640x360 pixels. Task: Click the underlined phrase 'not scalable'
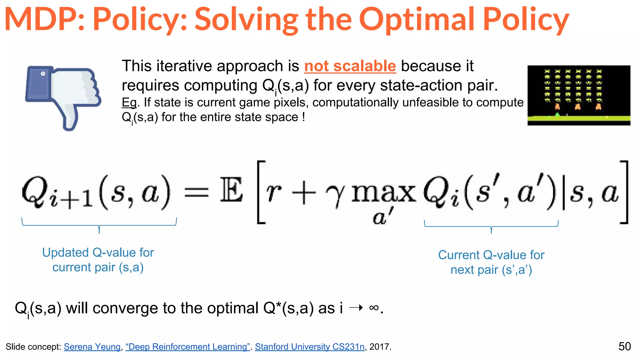350,66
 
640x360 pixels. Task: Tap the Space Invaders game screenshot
579,95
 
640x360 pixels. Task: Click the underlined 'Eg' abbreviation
129,102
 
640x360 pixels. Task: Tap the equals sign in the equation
196,192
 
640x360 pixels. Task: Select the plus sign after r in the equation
303,193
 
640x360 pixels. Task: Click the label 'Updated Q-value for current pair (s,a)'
98,260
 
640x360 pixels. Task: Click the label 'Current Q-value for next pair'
491,262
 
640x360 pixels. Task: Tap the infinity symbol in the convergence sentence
374,308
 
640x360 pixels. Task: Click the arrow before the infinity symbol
356,308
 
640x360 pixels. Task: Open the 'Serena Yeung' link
92,347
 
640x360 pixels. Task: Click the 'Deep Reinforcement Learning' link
187,347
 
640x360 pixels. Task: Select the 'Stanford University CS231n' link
309,347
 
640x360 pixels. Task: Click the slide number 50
624,346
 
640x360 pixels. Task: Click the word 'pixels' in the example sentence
291,102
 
